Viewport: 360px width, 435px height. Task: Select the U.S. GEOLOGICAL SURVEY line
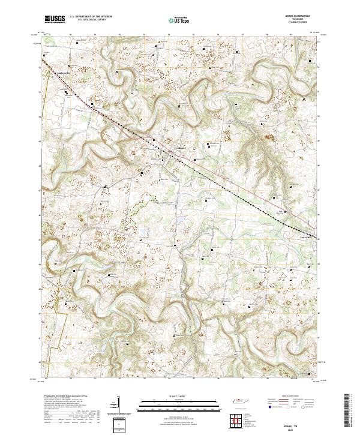[91, 20]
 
